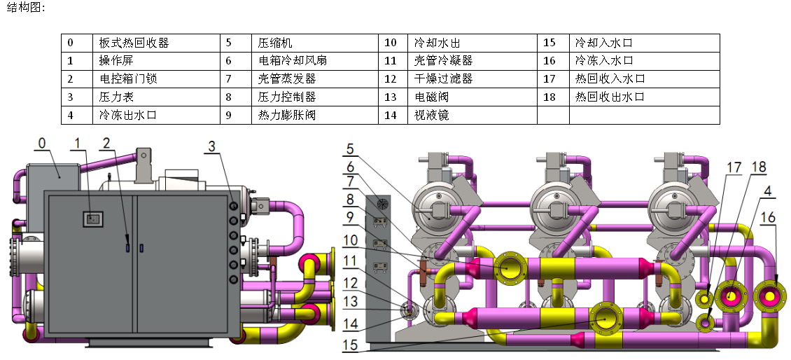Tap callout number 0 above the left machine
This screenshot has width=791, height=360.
click(x=41, y=144)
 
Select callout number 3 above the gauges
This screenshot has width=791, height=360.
click(x=211, y=146)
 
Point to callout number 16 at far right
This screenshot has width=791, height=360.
click(x=768, y=218)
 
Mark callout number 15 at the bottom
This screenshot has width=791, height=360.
click(x=351, y=345)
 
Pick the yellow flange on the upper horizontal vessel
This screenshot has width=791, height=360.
click(x=512, y=268)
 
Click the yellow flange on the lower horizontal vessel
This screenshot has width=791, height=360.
click(x=605, y=317)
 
